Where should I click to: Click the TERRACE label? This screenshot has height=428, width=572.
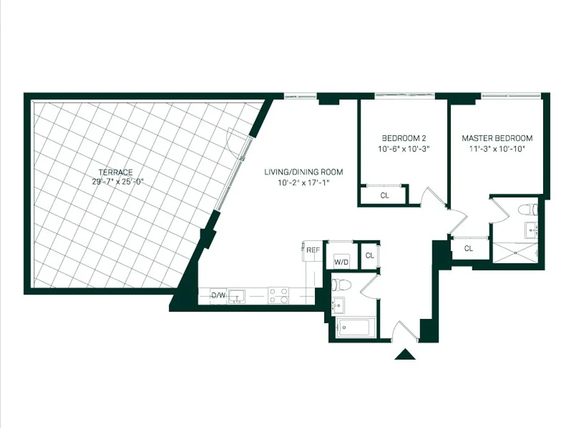click(x=115, y=172)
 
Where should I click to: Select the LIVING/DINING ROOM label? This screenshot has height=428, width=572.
click(x=303, y=172)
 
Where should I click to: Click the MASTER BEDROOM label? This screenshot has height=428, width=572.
click(x=497, y=139)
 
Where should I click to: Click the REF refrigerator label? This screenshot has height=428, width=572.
click(x=313, y=249)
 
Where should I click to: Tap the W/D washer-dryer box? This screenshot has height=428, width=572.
click(x=341, y=261)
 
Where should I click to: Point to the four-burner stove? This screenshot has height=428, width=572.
click(x=278, y=295)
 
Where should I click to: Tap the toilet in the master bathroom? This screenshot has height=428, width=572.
click(x=530, y=208)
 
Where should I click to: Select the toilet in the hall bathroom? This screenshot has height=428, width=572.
click(x=341, y=284)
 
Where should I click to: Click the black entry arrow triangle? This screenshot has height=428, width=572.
click(x=405, y=354)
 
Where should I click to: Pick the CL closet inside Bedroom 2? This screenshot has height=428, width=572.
click(x=385, y=195)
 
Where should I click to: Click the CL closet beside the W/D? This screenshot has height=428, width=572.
click(x=370, y=256)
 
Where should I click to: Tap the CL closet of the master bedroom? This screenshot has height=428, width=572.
click(x=469, y=248)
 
